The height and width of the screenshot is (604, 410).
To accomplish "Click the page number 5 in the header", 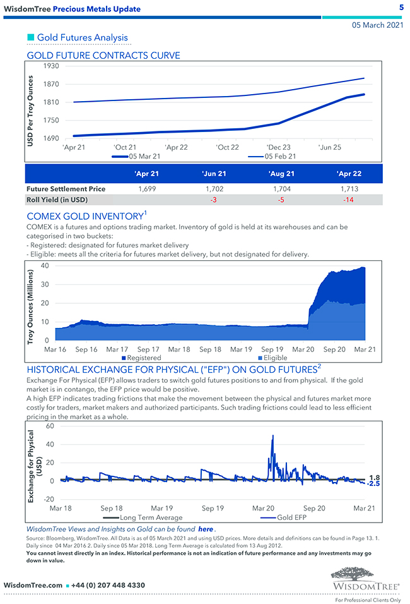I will click(401, 7).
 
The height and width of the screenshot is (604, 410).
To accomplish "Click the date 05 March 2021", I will click(377, 25).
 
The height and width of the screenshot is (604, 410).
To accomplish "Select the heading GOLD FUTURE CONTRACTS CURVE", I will click(103, 56).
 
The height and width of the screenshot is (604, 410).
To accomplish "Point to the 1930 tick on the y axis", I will click(51, 66).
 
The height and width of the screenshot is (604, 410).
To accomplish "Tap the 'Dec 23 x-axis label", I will click(278, 147).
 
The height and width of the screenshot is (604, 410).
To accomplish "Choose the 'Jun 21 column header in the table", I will click(214, 174).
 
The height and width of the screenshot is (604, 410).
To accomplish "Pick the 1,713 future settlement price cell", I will click(348, 188).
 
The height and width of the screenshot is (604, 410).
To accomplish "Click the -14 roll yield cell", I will click(348, 200).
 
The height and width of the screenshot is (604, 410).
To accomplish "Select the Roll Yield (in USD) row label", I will click(57, 200).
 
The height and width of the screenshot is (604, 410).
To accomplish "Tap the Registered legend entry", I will click(144, 358).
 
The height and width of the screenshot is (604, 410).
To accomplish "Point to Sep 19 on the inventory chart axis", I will click(272, 349).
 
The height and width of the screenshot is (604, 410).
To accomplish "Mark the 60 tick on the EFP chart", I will click(50, 426).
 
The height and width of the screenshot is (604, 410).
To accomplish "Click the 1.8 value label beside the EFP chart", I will click(374, 478).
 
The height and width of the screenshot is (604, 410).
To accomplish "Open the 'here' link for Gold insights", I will click(206, 528).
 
